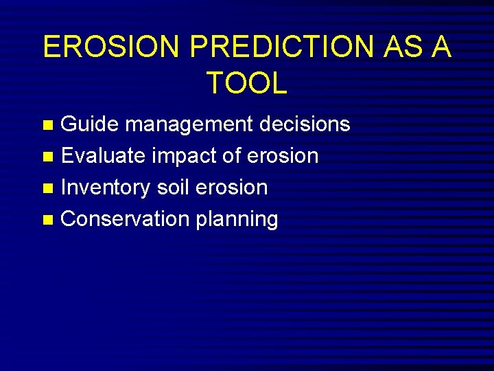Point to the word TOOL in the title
click(x=246, y=83)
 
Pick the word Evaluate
click(x=103, y=156)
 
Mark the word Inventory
click(x=106, y=188)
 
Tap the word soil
click(x=176, y=188)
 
